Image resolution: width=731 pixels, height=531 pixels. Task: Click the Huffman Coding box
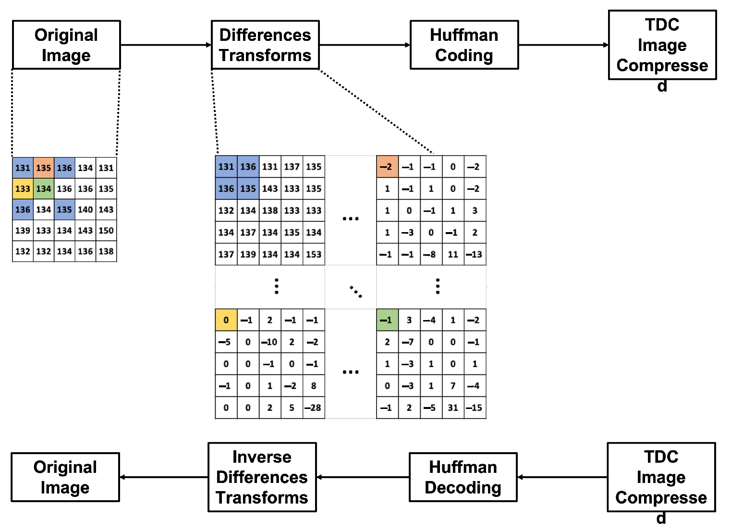[x=464, y=45]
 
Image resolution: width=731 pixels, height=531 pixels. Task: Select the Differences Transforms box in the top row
[x=265, y=45]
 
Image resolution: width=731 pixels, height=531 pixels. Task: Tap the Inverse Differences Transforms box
[x=262, y=477]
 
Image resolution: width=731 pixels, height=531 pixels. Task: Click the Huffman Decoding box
[x=463, y=477]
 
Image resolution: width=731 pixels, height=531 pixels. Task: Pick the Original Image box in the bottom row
[x=65, y=477]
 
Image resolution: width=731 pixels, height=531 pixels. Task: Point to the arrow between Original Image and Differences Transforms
[x=166, y=45]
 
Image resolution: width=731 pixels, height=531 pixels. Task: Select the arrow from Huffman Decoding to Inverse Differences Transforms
[x=363, y=477]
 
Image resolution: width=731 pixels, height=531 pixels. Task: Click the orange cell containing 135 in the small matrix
[x=44, y=168]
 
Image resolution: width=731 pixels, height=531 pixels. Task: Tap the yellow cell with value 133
[x=23, y=189]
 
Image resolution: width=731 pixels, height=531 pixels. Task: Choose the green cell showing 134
[x=44, y=189]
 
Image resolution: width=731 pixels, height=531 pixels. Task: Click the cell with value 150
[x=106, y=231]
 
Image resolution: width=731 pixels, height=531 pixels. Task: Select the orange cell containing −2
[x=387, y=167]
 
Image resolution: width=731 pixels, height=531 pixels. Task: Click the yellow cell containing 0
[x=226, y=320]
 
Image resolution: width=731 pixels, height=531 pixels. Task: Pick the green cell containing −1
[x=387, y=320]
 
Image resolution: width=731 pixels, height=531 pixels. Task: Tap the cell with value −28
[x=314, y=408]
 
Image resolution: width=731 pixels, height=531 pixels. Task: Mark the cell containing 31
[x=453, y=408]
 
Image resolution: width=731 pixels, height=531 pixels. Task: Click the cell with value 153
[x=314, y=254]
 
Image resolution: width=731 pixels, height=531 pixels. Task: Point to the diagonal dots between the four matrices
[x=356, y=291]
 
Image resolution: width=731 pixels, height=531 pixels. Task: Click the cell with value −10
[x=270, y=342]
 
